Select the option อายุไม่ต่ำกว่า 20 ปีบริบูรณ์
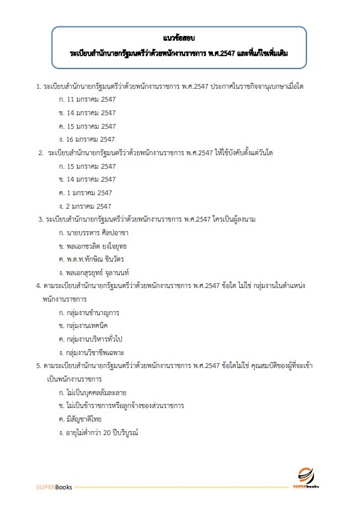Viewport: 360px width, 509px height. click(x=102, y=432)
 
